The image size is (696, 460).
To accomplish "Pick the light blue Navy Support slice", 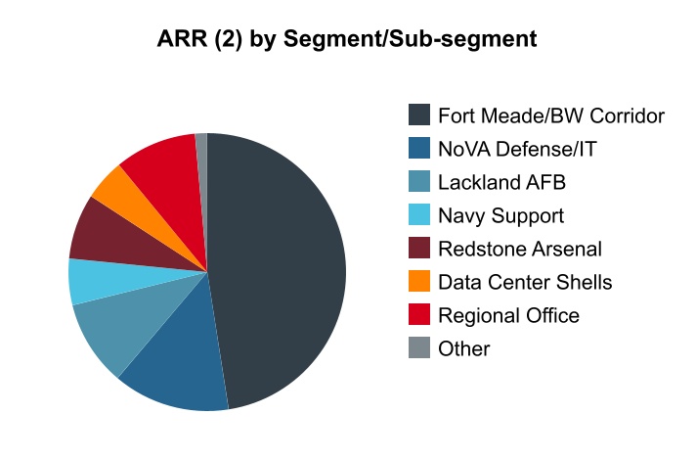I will [x=93, y=281].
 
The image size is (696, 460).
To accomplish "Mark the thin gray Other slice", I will [x=202, y=147].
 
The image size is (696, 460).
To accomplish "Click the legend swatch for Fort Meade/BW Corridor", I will [x=419, y=115].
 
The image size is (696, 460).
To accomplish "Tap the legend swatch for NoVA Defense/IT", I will [x=419, y=149].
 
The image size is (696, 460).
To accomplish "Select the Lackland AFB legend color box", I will [x=419, y=182].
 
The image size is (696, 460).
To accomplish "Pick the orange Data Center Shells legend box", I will [x=419, y=282].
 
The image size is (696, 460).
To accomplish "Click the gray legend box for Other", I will [x=419, y=348].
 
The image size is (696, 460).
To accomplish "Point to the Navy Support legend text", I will [x=500, y=216].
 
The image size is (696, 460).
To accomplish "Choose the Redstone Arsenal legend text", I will [x=520, y=249].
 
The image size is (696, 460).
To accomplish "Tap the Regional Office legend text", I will [x=508, y=315].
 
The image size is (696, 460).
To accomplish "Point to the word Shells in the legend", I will [x=584, y=282].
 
